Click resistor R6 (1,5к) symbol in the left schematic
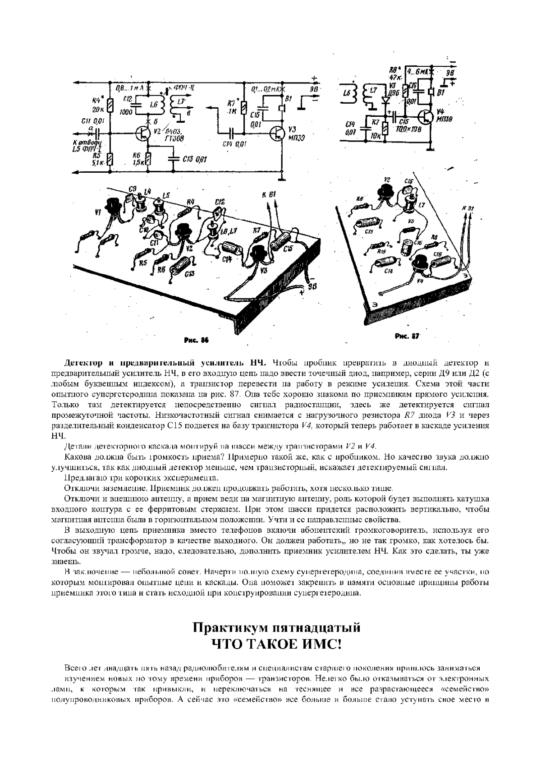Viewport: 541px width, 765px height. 149,159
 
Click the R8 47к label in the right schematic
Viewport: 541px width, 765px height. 394,73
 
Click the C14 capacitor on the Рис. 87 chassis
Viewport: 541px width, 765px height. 385,262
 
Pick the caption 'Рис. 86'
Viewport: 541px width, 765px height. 196,340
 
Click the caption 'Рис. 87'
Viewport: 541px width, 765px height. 407,336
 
